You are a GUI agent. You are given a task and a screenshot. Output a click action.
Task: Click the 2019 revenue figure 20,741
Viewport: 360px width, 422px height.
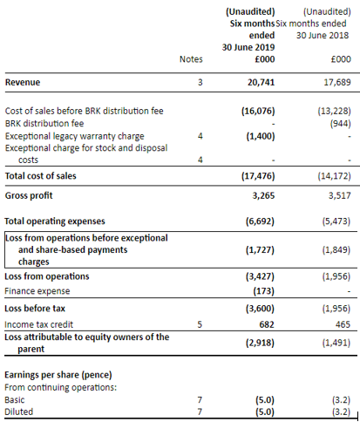point(261,82)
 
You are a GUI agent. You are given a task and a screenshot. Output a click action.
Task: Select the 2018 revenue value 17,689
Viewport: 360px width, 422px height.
point(337,82)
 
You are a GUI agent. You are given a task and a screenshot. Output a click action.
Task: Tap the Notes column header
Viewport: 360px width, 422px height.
point(191,59)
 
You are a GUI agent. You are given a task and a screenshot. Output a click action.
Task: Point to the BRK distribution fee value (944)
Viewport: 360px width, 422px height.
point(340,124)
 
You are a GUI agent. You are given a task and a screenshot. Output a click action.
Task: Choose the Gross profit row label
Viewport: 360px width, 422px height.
point(29,195)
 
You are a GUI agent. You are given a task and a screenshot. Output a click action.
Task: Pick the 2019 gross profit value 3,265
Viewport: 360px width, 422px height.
point(263,195)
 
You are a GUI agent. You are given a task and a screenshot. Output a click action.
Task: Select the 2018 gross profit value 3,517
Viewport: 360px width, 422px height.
point(340,195)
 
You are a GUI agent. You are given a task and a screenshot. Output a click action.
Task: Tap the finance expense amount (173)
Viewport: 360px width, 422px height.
point(263,291)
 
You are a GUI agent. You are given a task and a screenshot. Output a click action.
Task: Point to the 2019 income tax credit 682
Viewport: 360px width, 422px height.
point(267,324)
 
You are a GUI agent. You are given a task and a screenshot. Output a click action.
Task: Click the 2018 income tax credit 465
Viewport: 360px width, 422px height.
point(343,324)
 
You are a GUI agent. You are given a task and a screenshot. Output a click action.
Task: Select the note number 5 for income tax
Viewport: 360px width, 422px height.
point(200,324)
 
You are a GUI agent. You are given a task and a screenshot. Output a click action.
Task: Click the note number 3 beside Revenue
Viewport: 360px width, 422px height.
point(200,82)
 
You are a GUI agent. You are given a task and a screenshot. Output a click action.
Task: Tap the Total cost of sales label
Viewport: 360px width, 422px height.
point(41,176)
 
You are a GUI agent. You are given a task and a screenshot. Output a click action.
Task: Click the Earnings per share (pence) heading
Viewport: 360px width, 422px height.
point(58,375)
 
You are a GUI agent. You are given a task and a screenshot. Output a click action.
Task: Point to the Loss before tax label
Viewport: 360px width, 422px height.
point(35,309)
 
